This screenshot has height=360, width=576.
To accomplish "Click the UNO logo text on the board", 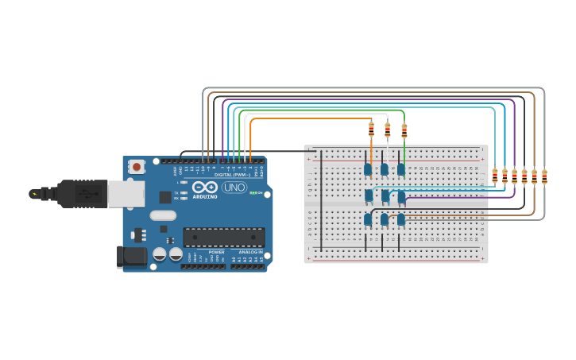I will tap(234, 188).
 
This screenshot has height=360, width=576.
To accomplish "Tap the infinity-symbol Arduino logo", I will tap(205, 188).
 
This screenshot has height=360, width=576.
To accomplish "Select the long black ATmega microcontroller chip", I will tap(224, 237).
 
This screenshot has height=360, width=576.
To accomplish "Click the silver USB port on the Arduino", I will tap(126, 193).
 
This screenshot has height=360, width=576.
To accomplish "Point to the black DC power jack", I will tap(131, 256).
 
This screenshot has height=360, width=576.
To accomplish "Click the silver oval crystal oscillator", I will tap(163, 215).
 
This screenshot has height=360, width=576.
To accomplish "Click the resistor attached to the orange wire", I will tap(371, 129).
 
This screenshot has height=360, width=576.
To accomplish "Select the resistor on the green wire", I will tap(404, 130).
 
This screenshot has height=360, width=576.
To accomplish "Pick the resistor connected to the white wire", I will tap(388, 130).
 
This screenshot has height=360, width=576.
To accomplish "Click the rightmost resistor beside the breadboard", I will tap(544, 176).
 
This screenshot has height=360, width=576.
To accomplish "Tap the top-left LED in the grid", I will tap(368, 168).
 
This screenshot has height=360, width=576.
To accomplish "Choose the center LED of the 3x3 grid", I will tap(385, 195).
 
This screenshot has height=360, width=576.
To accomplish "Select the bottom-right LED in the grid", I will tap(401, 219).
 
